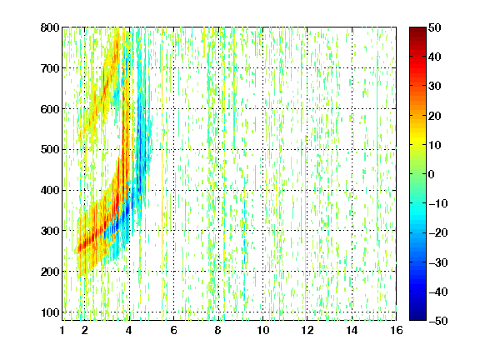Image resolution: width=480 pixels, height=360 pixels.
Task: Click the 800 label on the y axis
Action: (x=50, y=27)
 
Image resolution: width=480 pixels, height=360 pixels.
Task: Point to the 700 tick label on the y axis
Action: (x=50, y=68)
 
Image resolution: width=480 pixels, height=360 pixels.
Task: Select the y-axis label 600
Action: (x=50, y=109)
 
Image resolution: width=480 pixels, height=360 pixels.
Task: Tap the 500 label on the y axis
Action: (x=50, y=150)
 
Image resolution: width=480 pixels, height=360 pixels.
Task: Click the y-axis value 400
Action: (x=50, y=190)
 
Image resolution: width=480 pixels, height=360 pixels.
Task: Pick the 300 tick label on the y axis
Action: (x=50, y=231)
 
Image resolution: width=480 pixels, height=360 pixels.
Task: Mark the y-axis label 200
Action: (x=50, y=272)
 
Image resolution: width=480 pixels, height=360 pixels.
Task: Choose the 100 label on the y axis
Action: (x=50, y=312)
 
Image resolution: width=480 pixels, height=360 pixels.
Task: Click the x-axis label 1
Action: (x=62, y=330)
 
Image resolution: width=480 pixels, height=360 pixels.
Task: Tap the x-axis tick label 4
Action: (x=129, y=330)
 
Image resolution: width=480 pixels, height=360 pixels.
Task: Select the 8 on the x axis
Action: (x=218, y=330)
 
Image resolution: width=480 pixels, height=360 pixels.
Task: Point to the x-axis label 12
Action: (x=307, y=330)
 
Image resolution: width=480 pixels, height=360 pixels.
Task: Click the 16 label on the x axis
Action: (x=397, y=330)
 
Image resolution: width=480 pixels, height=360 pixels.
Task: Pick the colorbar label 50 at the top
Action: (x=434, y=27)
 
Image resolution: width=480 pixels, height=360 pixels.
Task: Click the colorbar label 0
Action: (x=432, y=174)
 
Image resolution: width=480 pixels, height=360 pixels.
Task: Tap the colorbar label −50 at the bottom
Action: (x=438, y=321)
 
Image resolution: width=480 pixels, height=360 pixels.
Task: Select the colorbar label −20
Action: (x=438, y=232)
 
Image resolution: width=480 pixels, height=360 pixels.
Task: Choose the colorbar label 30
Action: (x=434, y=86)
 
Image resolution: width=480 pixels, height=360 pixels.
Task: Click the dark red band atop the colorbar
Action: (x=417, y=32)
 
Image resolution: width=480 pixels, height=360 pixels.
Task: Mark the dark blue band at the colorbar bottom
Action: (x=417, y=315)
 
